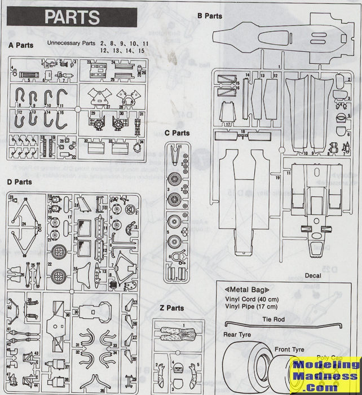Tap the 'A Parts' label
pos(21,44)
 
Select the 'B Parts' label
pos(209,16)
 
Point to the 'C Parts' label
pos(178,133)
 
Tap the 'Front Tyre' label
pos(290,349)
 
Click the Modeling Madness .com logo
pos(325,375)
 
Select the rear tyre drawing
pos(248,367)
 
